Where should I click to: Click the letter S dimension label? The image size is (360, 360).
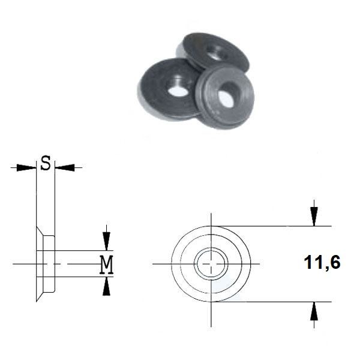tap(46, 163)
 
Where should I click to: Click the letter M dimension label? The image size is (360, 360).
tap(106, 264)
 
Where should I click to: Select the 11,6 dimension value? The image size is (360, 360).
tap(322, 262)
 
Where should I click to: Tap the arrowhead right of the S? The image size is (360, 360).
tap(65, 167)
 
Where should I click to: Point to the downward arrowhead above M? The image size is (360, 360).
tap(106, 241)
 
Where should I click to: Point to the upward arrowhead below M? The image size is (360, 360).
tap(106, 286)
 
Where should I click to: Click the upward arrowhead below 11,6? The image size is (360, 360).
tap(314, 311)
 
